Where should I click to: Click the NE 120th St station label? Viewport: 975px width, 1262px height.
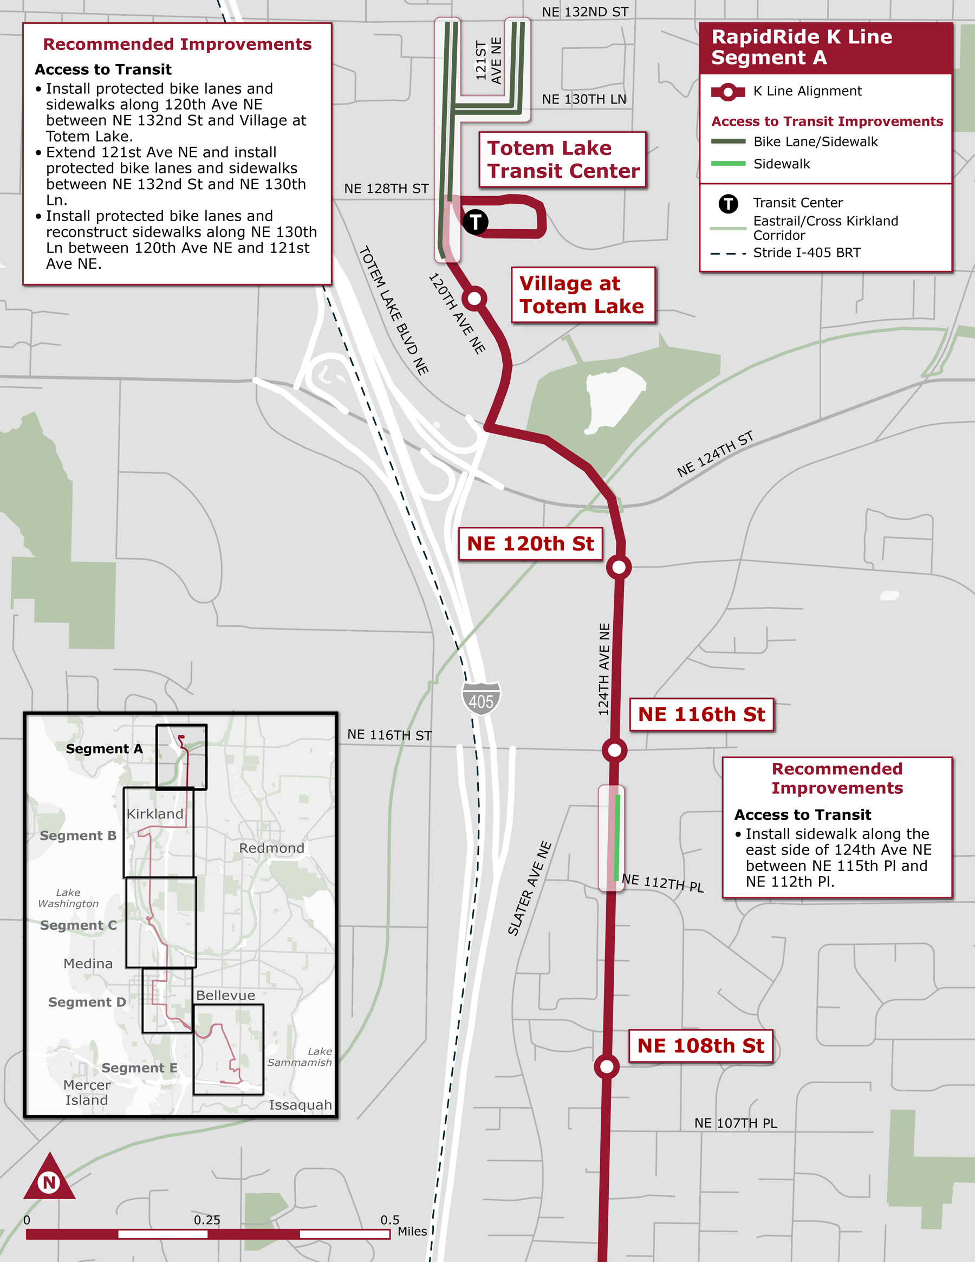pos(530,543)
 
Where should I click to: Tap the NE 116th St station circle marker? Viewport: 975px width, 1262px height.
pos(614,750)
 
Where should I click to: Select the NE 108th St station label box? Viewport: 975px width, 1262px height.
pos(700,1046)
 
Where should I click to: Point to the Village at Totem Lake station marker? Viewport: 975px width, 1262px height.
pos(474,298)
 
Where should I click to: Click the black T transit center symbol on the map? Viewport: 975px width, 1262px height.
pos(475,221)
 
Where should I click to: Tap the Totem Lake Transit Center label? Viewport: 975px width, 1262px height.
pos(563,159)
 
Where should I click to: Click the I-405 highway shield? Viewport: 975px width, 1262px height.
pos(481,699)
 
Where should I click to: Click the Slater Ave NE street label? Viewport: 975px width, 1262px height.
pos(530,888)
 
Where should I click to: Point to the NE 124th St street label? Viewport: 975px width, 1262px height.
pos(715,454)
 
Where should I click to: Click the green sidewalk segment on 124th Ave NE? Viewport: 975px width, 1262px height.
pos(617,838)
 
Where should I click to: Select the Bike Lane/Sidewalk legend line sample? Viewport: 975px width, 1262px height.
pos(728,141)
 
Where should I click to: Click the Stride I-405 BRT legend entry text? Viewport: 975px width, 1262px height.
pos(807,253)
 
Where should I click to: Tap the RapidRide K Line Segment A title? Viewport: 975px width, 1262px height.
pos(801,47)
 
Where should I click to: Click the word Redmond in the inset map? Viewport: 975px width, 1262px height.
pos(271,848)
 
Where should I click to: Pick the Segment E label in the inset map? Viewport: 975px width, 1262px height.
pos(139,1068)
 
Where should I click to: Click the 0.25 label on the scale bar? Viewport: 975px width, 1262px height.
pos(207,1220)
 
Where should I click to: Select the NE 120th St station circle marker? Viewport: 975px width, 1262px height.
pos(619,567)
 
